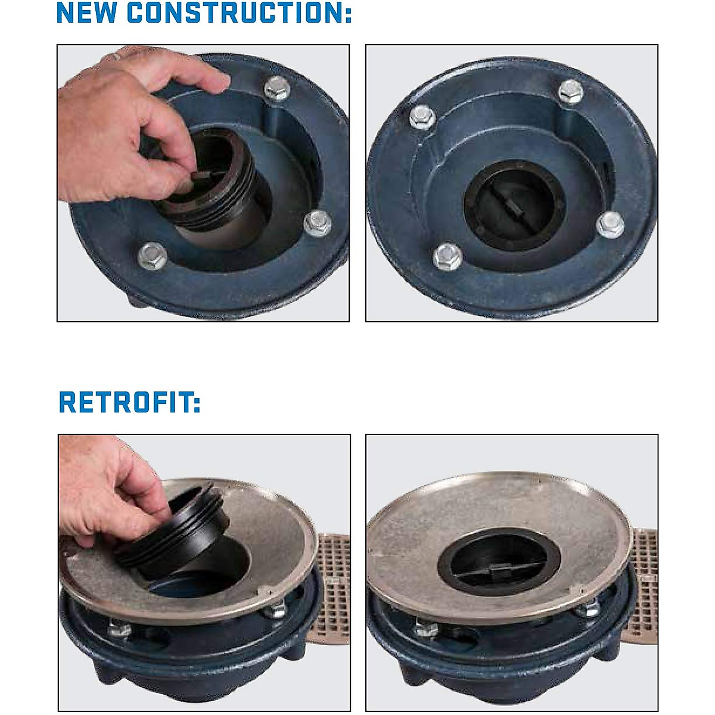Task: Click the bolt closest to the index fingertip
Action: pos(276,89)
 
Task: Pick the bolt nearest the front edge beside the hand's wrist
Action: pos(152,256)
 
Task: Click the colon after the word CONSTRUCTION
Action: pos(348,13)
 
